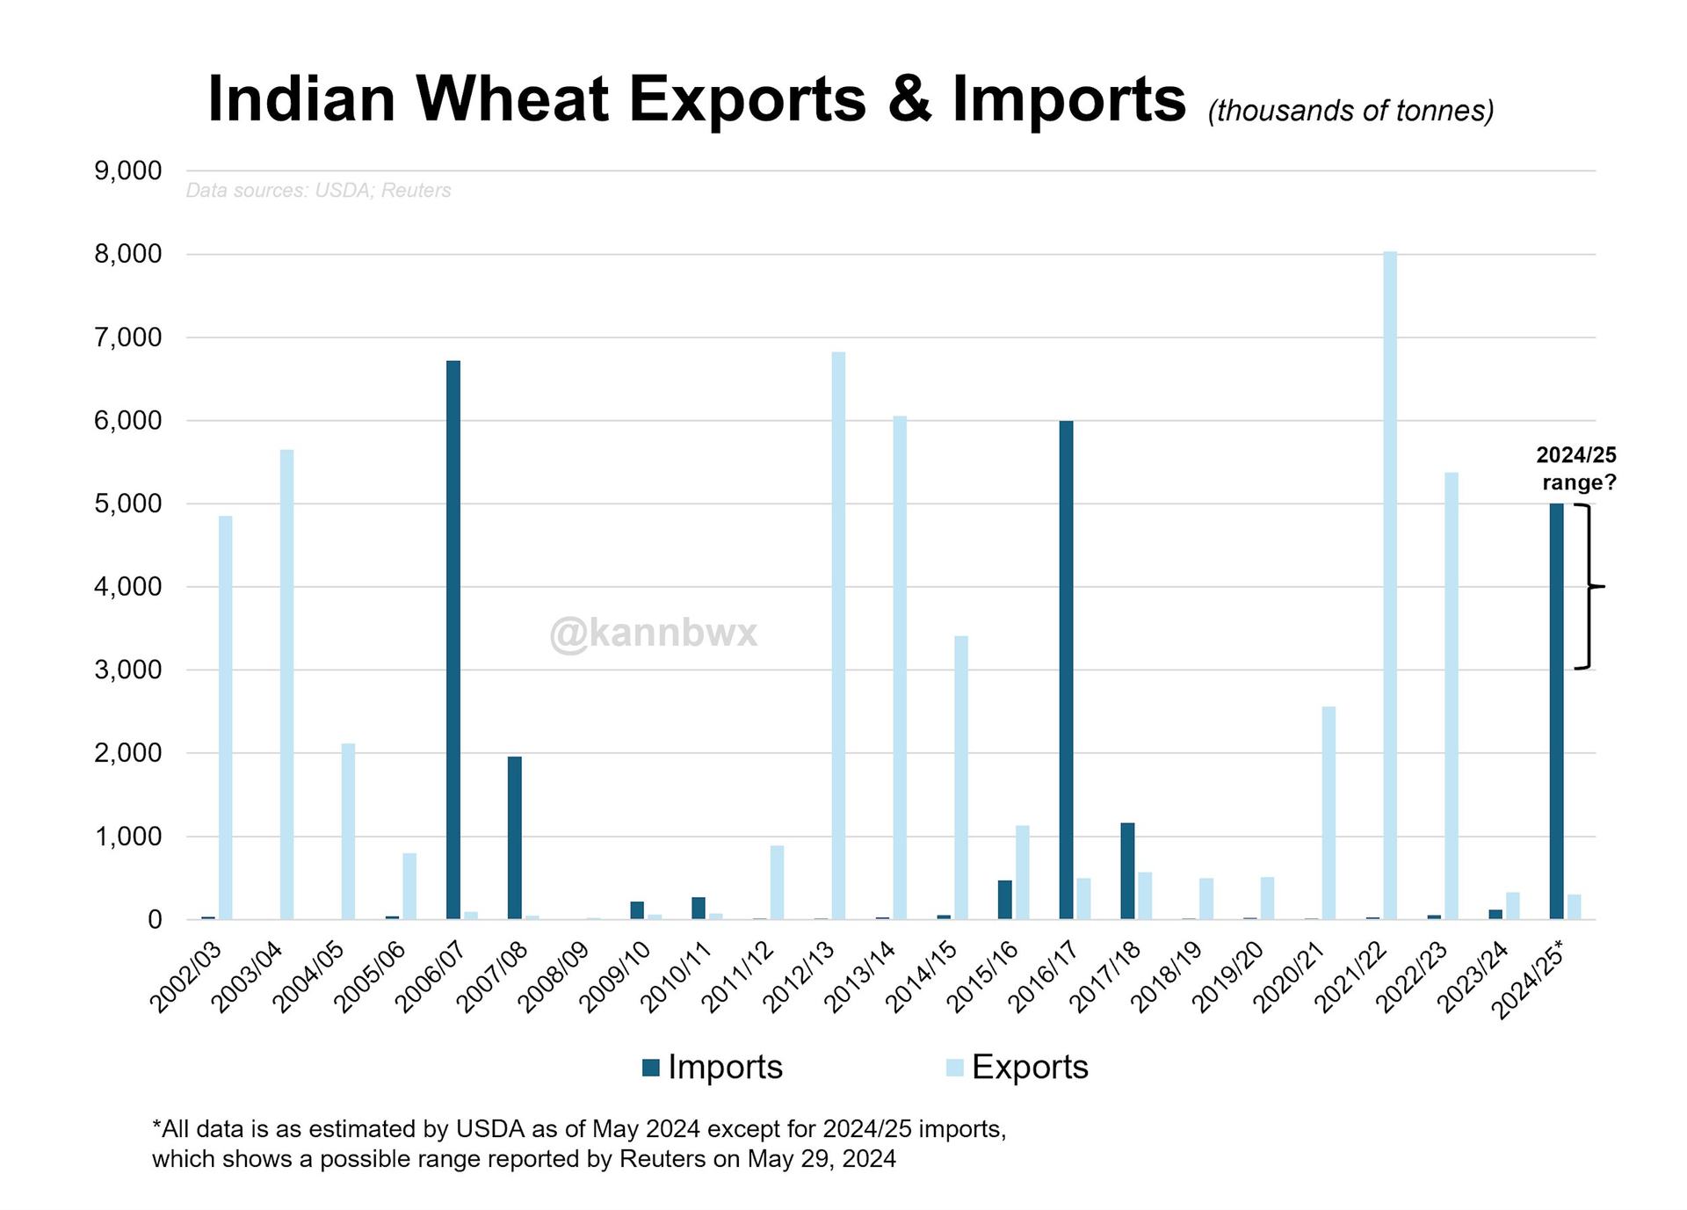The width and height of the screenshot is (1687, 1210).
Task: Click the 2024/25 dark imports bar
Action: [1556, 711]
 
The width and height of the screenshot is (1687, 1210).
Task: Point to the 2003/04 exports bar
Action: [286, 685]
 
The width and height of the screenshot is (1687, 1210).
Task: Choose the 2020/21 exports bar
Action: [1329, 813]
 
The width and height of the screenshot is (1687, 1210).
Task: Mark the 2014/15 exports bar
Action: [961, 778]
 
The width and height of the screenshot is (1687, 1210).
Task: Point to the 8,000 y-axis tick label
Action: [128, 254]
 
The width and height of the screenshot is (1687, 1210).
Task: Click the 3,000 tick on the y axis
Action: [128, 670]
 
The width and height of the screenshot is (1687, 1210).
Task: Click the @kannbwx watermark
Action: [653, 633]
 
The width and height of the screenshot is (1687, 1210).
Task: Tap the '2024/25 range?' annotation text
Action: [1577, 468]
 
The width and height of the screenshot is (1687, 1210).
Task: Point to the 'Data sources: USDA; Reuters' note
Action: [318, 191]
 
